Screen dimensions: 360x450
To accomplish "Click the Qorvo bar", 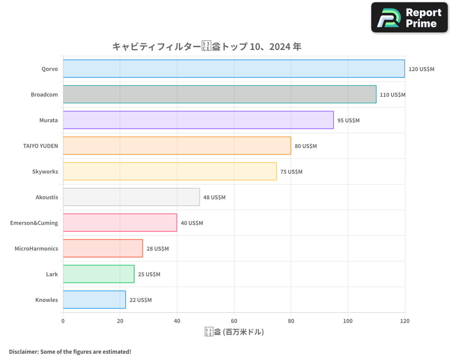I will [234, 69].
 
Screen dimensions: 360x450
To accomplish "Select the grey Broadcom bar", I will [220, 94].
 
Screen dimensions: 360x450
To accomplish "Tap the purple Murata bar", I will [198, 120].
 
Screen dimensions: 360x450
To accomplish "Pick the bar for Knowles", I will [94, 300].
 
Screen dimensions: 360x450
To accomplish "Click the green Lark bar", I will [99, 274].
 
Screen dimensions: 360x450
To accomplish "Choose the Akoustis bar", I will [131, 197].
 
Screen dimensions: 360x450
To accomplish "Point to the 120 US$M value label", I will [421, 69].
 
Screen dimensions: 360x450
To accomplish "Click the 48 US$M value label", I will [214, 198].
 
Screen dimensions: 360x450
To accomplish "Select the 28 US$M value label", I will [157, 249].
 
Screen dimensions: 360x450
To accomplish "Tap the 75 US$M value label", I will [291, 172].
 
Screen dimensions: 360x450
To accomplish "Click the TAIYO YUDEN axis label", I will [40, 146].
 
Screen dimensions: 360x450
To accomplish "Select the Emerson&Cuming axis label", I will [34, 223].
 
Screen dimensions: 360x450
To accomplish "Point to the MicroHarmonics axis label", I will [36, 248].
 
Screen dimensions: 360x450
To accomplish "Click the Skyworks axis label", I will [45, 171].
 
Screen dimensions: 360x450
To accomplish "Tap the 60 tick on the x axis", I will [234, 321].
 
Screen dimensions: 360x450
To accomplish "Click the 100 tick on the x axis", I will [348, 321].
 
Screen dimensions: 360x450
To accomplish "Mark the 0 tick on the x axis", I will [63, 321].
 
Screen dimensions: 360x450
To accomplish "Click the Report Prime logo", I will [409, 18].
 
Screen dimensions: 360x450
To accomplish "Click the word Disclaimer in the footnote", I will [23, 351].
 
